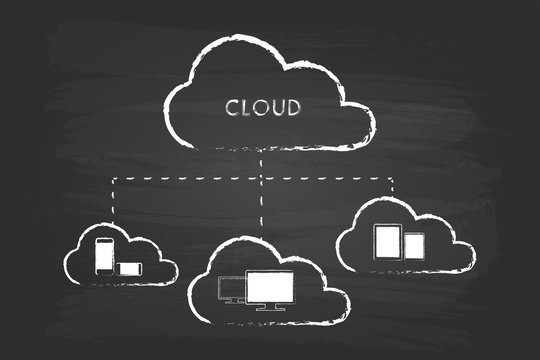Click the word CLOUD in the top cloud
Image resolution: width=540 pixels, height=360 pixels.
click(262, 107)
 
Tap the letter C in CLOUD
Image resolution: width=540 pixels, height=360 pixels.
click(232, 107)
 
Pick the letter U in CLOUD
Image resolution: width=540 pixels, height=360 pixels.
click(277, 107)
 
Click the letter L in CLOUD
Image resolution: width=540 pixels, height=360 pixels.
click(246, 107)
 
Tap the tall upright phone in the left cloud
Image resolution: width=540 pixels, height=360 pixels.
click(103, 256)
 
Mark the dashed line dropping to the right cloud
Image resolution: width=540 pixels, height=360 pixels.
click(393, 189)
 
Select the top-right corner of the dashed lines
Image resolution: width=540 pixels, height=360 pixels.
click(393, 180)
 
